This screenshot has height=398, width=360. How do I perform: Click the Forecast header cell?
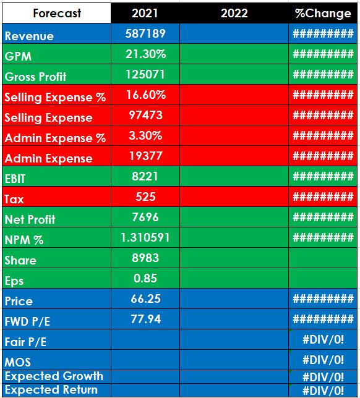coord(57,13)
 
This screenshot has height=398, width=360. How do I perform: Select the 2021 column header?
coord(145,13)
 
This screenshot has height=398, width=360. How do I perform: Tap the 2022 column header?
coord(234,13)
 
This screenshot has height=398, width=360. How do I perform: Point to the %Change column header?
coord(323,13)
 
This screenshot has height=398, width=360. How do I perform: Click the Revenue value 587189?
coord(145,33)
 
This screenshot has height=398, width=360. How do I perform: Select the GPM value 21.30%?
coord(145,54)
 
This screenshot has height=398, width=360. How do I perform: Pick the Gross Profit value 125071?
coord(145,74)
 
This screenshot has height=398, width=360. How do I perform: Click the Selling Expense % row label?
coord(55,98)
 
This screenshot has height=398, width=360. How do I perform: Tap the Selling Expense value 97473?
coord(145,115)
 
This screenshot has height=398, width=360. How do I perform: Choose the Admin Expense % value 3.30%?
coord(145,135)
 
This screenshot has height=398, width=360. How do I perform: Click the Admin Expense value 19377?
coord(145,156)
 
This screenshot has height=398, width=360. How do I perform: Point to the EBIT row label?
coord(15,179)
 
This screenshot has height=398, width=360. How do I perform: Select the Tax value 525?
coord(145,197)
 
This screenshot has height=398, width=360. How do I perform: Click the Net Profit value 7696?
coord(145,217)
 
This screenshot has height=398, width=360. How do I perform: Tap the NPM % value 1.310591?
coord(145,237)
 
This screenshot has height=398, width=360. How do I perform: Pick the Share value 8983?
coord(145,258)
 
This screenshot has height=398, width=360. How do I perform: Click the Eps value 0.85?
coord(145,278)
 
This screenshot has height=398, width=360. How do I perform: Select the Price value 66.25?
coord(145,298)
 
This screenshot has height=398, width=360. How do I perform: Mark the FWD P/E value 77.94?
coord(145,319)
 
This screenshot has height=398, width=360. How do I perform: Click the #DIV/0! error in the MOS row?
coord(323,360)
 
